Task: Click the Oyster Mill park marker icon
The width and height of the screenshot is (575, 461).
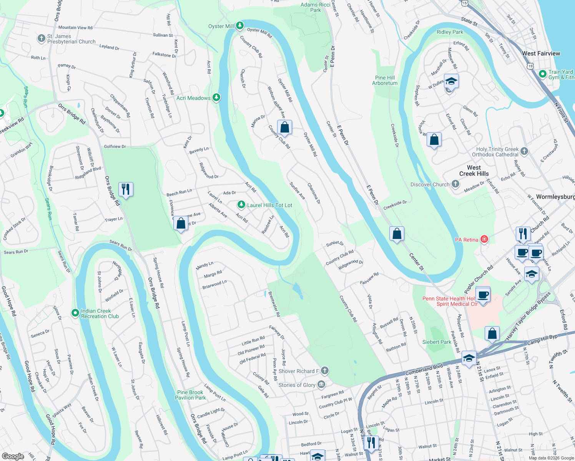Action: [x=240, y=26]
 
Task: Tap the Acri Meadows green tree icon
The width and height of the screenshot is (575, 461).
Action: [x=216, y=98]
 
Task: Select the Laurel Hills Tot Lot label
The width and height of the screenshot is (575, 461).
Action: [x=269, y=205]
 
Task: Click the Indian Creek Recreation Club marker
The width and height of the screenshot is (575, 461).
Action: [x=75, y=313]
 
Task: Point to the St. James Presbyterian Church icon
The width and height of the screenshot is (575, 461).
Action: [x=42, y=38]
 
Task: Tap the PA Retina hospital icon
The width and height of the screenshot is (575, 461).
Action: [x=484, y=239]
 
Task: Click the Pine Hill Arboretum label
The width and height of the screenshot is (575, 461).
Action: [x=385, y=80]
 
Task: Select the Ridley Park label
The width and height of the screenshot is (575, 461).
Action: [x=450, y=32]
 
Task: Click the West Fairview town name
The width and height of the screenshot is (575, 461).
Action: [x=541, y=53]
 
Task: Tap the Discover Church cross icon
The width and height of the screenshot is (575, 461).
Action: [x=455, y=184]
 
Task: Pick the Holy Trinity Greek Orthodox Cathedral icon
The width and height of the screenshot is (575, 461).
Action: [x=525, y=151]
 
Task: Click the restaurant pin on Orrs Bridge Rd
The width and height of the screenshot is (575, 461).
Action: [x=126, y=189]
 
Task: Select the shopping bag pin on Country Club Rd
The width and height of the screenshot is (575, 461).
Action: [x=284, y=127]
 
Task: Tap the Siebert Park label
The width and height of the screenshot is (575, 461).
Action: [x=437, y=342]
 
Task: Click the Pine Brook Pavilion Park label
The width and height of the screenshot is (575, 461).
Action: [x=190, y=395]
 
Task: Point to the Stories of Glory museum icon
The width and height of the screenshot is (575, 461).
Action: [x=322, y=385]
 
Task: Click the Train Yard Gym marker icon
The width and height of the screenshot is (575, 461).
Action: [x=543, y=74]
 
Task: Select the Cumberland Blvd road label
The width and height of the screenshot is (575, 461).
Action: [x=424, y=370]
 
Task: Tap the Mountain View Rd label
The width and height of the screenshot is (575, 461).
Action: [x=75, y=28]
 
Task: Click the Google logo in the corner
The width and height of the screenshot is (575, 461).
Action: [x=13, y=456]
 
